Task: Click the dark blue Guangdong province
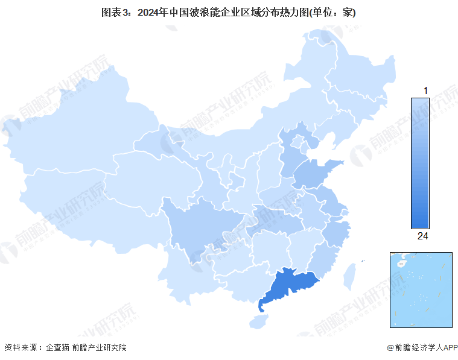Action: [290, 286]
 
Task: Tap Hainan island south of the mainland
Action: [259, 322]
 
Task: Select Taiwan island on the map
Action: [348, 276]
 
